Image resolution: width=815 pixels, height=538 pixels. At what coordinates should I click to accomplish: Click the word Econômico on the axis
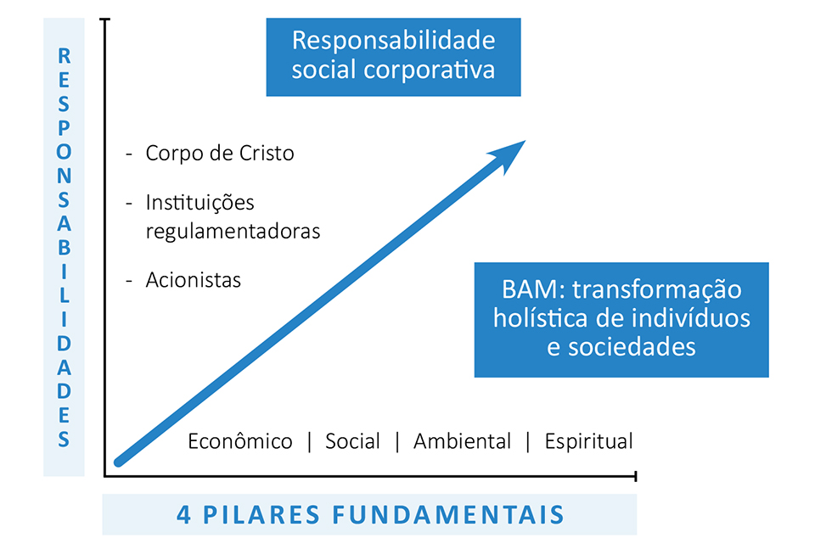[x=240, y=441]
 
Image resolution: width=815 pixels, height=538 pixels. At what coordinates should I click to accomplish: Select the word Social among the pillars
[x=353, y=441]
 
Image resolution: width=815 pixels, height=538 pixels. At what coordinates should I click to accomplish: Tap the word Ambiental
[x=463, y=441]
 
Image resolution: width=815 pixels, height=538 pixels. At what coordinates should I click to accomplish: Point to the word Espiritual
[x=589, y=442]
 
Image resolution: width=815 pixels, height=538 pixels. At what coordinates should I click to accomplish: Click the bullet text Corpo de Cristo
[x=220, y=154]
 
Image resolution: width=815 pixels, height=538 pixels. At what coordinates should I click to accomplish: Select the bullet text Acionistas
[x=194, y=280]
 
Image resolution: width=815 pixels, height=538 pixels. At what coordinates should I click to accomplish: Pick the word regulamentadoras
[x=233, y=232]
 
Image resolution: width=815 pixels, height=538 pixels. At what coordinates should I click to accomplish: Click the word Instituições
[x=200, y=203]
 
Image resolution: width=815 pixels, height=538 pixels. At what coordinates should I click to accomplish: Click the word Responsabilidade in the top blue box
[x=393, y=41]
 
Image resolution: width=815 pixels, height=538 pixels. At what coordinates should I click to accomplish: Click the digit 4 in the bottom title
[x=184, y=515]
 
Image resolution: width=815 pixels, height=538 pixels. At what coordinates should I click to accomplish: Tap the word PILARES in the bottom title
[x=261, y=515]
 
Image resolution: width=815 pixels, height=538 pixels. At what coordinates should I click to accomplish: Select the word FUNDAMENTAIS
[x=448, y=515]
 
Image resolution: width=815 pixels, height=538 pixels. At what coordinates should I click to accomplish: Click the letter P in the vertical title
[x=64, y=128]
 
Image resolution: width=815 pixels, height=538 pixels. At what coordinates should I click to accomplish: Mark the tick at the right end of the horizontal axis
[x=636, y=476]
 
